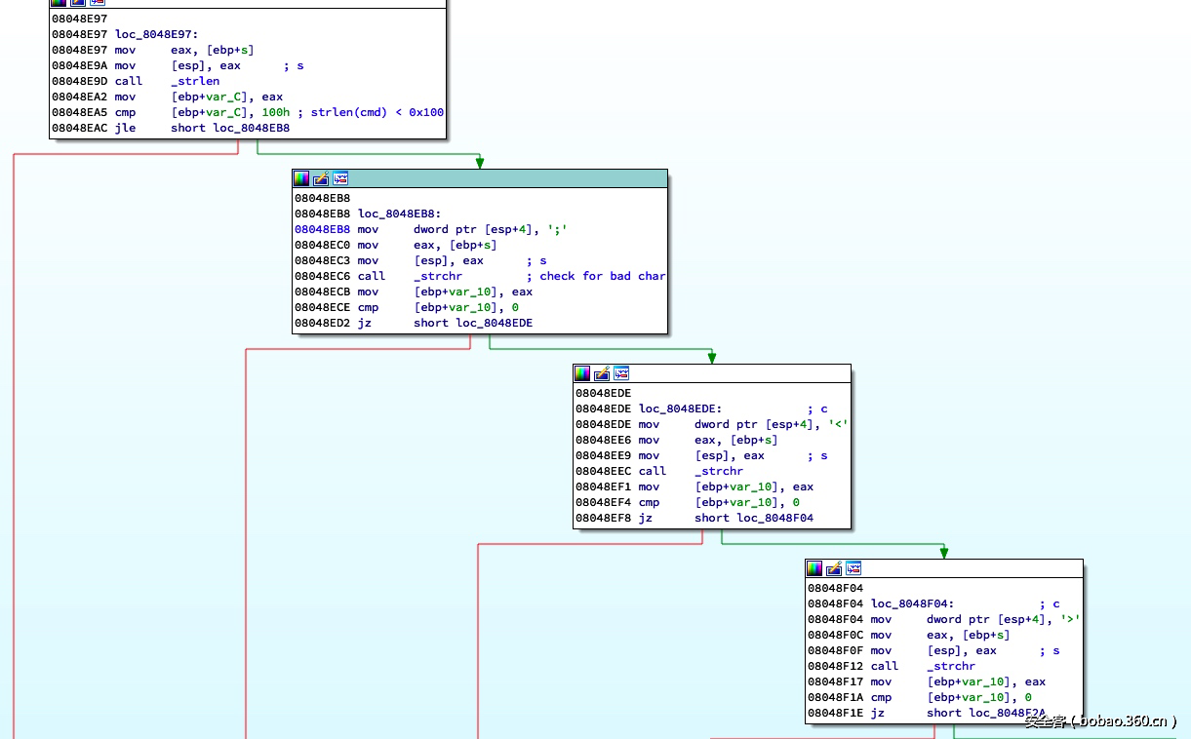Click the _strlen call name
tap(195, 81)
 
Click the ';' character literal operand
tap(557, 229)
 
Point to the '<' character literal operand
tap(838, 424)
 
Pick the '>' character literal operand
tap(1070, 619)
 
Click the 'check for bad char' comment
tap(602, 276)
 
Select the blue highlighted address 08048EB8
tap(322, 229)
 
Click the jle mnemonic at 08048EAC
tap(125, 128)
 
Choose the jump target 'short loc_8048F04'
tap(754, 518)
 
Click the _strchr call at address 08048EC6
tap(438, 276)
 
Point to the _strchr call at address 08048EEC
tap(719, 471)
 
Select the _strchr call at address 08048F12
tap(951, 666)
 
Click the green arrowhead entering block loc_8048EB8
tap(480, 163)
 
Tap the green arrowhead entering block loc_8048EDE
tap(712, 358)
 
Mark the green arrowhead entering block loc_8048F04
tap(944, 553)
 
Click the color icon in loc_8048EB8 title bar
tap(301, 178)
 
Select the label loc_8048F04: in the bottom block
tap(912, 603)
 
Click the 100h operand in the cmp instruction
tap(275, 112)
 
